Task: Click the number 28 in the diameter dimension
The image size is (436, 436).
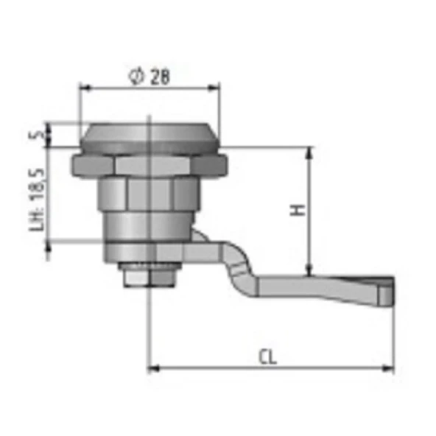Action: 160,77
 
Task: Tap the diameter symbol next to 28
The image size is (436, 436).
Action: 136,76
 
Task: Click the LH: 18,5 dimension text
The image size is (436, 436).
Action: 37,200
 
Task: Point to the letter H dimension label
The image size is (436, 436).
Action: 298,210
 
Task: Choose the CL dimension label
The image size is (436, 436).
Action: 268,357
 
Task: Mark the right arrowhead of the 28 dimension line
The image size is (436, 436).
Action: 214,88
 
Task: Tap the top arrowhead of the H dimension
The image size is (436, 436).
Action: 310,152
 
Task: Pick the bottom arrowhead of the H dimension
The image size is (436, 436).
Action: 310,270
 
